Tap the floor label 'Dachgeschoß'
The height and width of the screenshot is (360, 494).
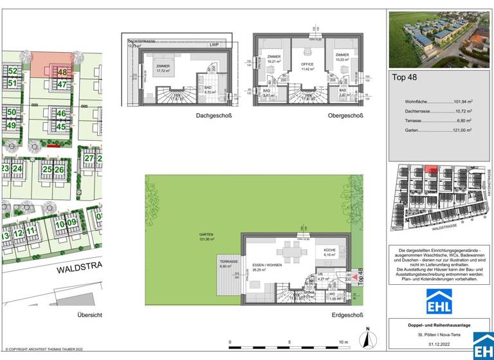pos(214,116)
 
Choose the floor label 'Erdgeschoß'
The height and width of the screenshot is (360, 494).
pos(347,315)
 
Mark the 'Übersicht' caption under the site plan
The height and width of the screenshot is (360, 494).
pos(90,315)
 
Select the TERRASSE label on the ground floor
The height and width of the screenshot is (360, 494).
pos(229,262)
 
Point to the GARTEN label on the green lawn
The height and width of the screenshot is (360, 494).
pos(206,236)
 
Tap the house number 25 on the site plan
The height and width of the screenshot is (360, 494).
pos(47,170)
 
